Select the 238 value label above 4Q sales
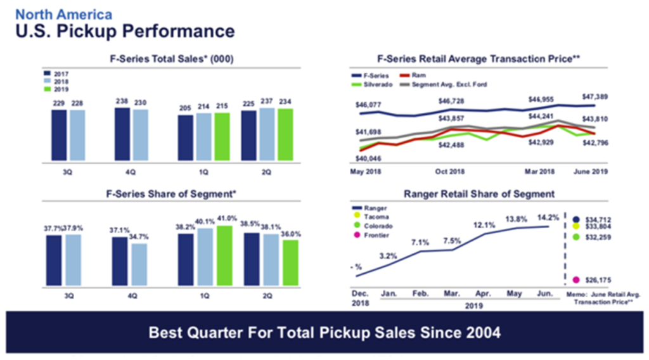122,101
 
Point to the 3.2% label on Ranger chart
388,255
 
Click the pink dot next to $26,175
576,280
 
